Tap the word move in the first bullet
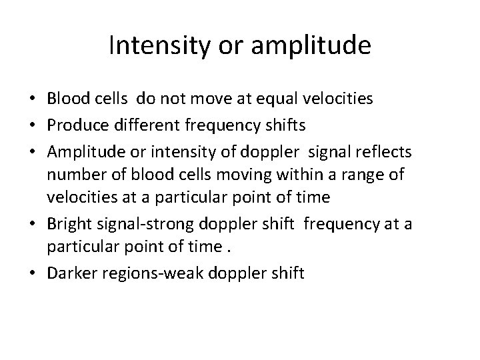[x=225, y=99]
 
